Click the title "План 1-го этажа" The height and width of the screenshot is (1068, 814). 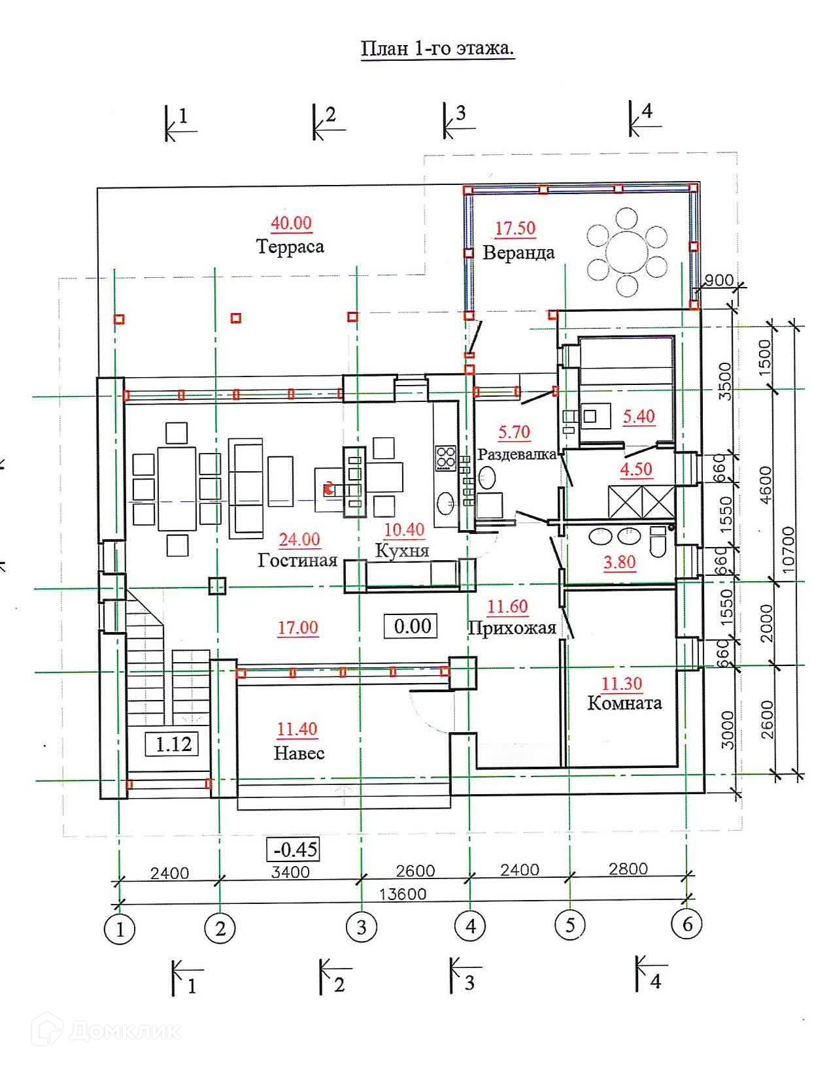pos(437,49)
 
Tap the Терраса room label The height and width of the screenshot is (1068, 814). pos(290,247)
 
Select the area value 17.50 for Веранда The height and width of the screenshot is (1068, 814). pos(515,228)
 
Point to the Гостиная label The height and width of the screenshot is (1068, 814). pos(297,561)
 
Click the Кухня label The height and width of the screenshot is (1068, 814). pos(402,550)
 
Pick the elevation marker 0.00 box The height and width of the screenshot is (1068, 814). pos(412,626)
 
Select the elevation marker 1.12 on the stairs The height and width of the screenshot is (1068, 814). pos(173,744)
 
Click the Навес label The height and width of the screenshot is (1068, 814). pos(299,754)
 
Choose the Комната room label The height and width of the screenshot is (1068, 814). pos(624,703)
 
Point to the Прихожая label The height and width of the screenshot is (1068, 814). pos(512,628)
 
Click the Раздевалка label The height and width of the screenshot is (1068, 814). pos(517,454)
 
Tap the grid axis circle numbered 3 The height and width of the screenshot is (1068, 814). pos(362,927)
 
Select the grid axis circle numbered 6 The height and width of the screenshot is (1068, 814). pos(687,924)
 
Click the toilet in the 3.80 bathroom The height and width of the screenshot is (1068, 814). pos(658,539)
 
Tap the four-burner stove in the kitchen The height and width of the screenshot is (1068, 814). pos(446,457)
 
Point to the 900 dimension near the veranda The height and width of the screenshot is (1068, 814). pos(719,280)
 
